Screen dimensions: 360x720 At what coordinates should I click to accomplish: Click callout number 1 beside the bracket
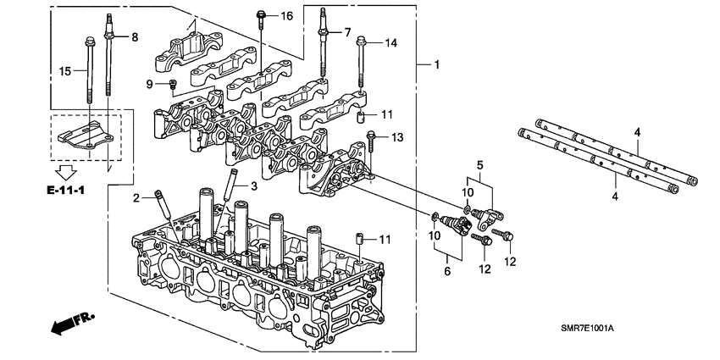coord(437,65)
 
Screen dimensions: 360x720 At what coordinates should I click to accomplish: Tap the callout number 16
coord(286,16)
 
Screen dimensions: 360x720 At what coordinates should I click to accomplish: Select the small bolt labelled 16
coord(261,17)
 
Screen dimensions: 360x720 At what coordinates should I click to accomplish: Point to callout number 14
coord(390,42)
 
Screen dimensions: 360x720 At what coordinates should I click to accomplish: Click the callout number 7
coord(346,32)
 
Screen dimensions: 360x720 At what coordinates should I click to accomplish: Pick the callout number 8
coord(133,36)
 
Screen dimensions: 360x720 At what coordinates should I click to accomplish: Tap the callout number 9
coord(149,84)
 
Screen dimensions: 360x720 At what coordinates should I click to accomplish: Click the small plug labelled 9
coord(173,83)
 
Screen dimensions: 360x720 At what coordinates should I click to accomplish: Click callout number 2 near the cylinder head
coord(136,198)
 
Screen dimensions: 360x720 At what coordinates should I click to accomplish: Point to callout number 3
coord(252,185)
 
